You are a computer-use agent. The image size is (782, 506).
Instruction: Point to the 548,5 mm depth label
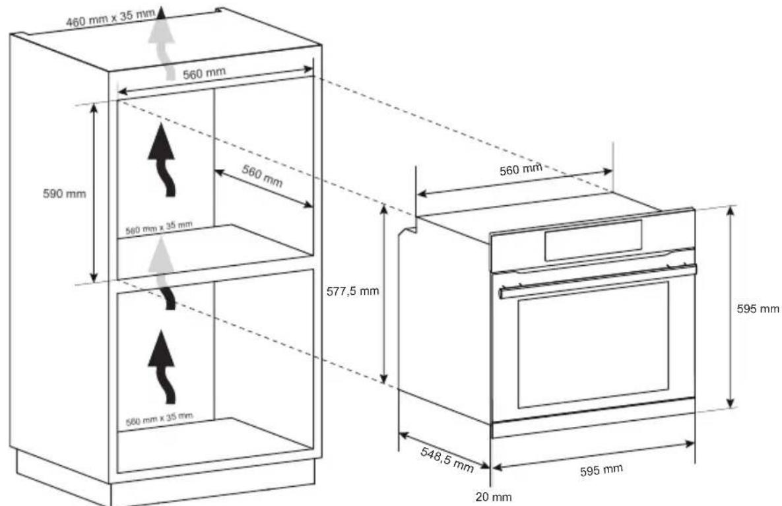pyautogui.click(x=447, y=457)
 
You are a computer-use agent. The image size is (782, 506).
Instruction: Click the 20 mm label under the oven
pyautogui.click(x=494, y=497)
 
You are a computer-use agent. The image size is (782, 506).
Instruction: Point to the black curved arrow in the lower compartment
pyautogui.click(x=164, y=365)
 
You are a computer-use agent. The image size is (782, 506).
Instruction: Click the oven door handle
pyautogui.click(x=597, y=280)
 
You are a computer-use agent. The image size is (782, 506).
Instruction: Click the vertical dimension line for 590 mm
pyautogui.click(x=94, y=193)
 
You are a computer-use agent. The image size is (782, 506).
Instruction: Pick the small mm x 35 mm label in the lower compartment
pyautogui.click(x=159, y=418)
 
